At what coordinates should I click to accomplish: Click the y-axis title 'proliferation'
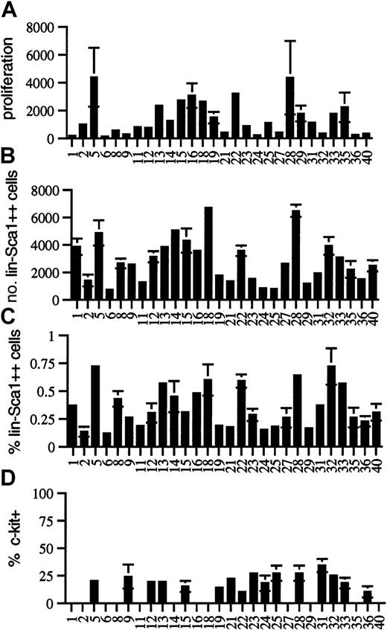click(10, 82)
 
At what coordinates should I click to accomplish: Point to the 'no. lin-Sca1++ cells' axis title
click(10, 245)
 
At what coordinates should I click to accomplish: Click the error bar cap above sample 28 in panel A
click(290, 41)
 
